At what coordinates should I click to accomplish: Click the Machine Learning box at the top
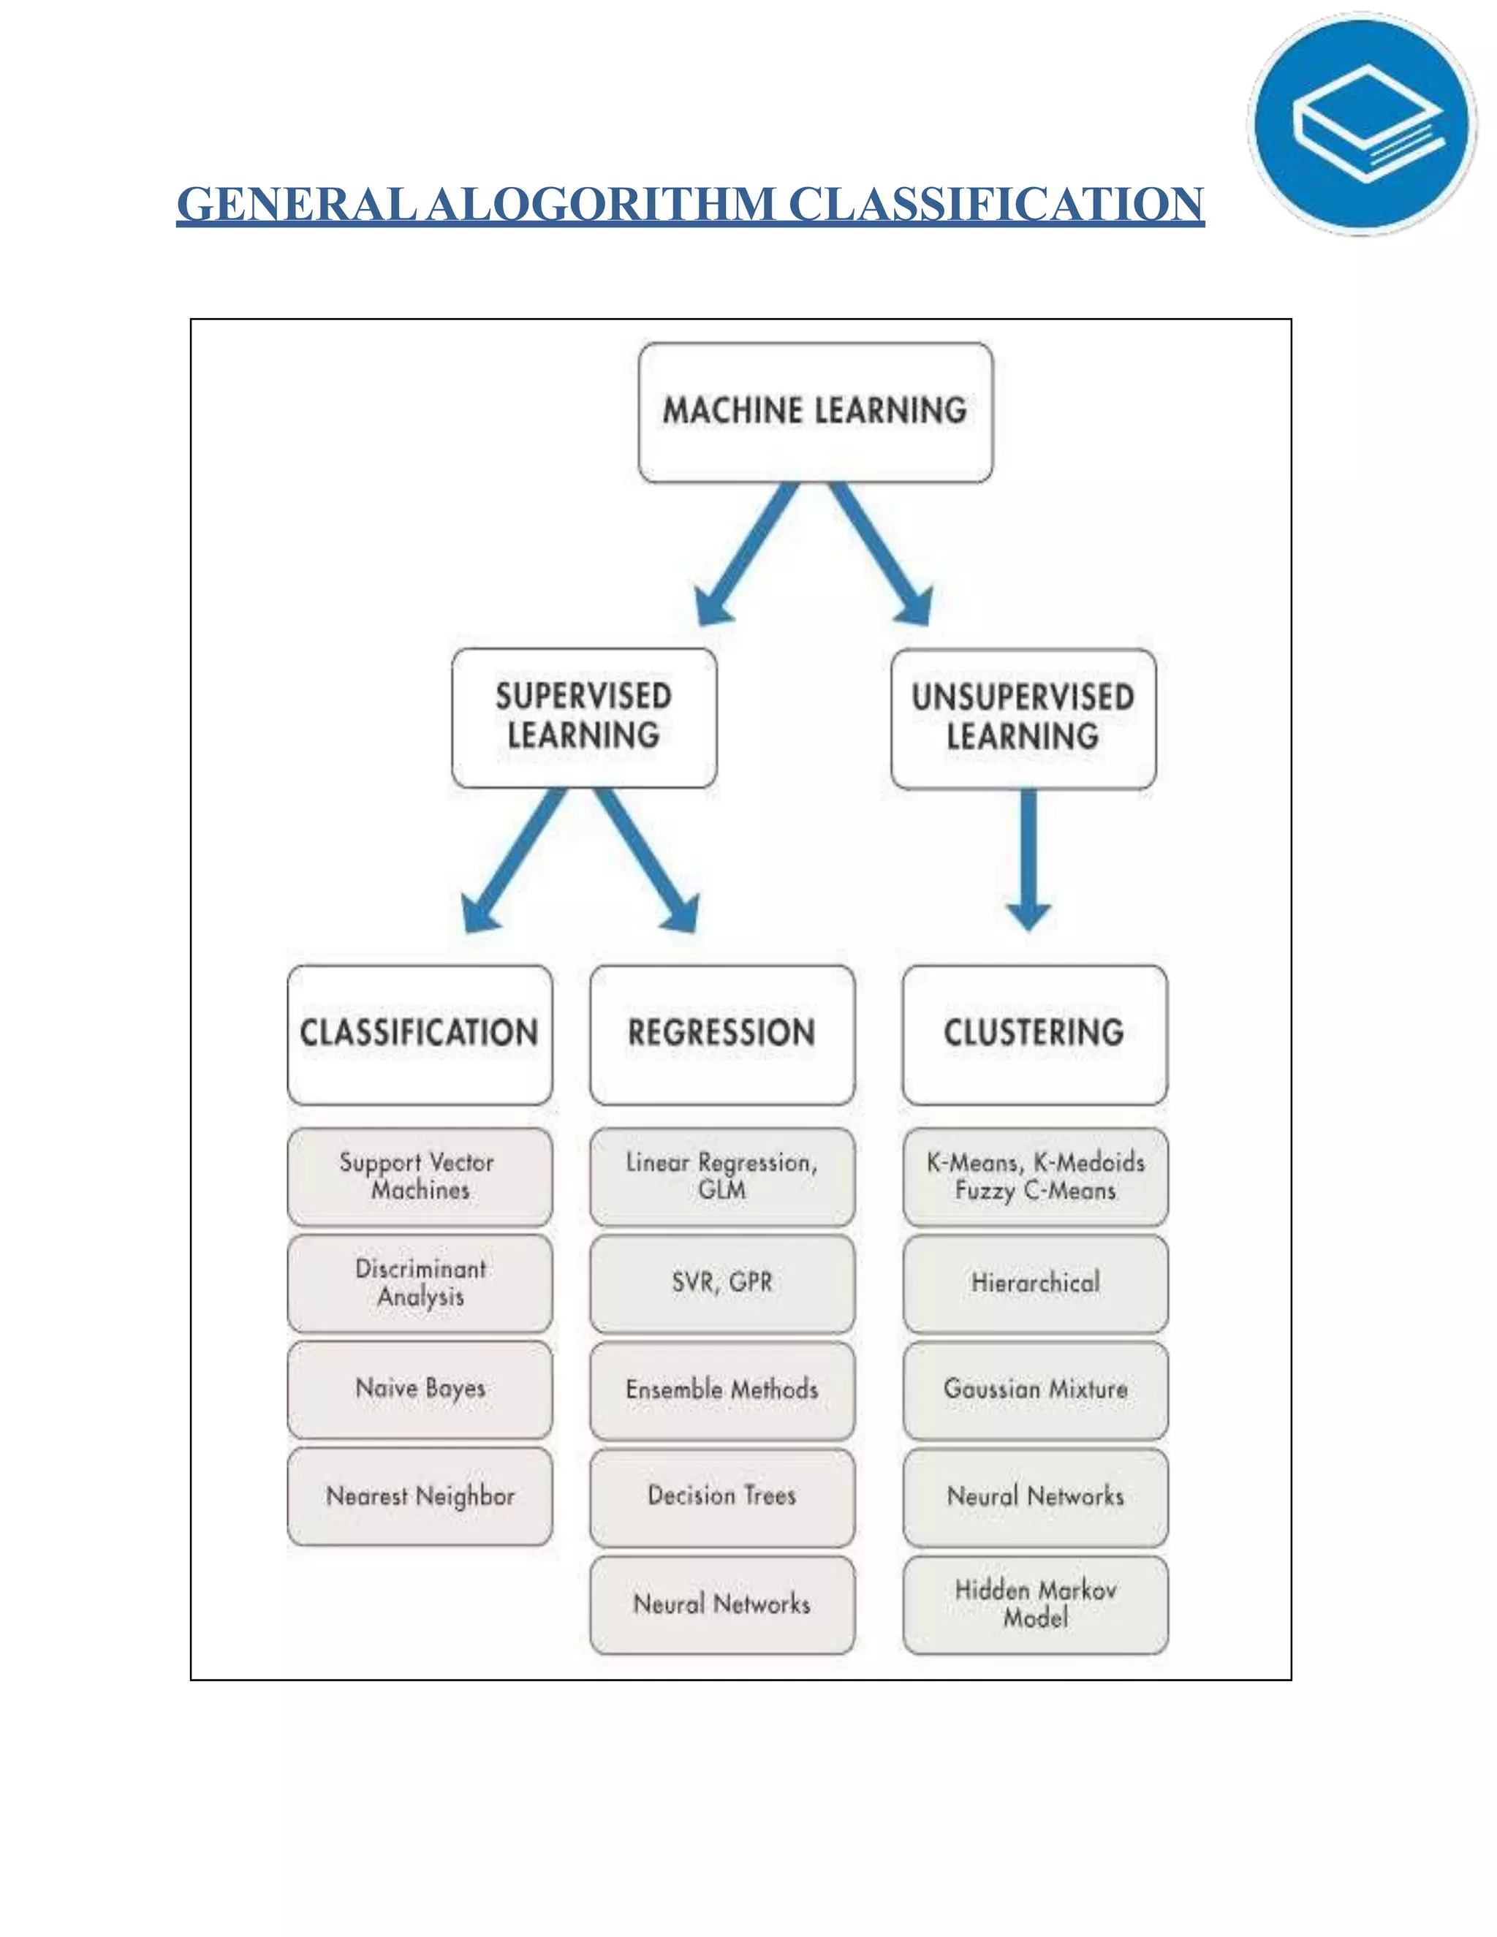(815, 412)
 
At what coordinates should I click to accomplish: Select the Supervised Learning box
(583, 718)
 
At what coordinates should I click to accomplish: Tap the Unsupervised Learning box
(1023, 719)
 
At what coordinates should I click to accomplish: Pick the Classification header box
(420, 1034)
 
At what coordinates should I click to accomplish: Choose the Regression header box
(722, 1034)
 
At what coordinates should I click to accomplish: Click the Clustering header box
(1034, 1034)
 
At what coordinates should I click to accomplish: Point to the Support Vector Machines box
(420, 1176)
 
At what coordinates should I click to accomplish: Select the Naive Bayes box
(420, 1389)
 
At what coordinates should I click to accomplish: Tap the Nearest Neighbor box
(420, 1496)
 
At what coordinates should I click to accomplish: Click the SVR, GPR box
(722, 1284)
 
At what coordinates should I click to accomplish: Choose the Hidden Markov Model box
(1035, 1604)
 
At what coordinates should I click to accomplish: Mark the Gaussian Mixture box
(1035, 1390)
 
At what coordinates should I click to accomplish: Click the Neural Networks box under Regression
(722, 1604)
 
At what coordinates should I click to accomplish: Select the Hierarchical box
(1035, 1284)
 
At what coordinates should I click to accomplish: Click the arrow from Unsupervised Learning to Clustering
(1028, 856)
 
